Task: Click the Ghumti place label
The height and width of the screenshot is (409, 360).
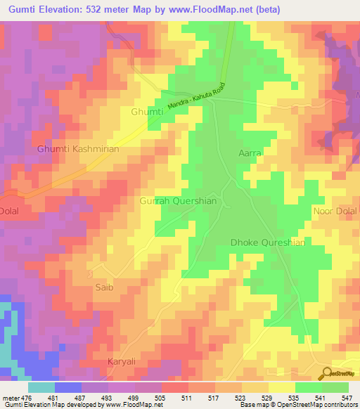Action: (147, 112)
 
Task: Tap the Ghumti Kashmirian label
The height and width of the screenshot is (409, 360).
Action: (79, 150)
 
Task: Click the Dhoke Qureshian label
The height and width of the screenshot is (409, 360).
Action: (268, 242)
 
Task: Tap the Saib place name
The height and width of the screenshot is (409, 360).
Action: (103, 287)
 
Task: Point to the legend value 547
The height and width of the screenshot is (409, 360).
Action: (347, 399)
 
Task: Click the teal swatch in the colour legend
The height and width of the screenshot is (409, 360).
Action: (41, 387)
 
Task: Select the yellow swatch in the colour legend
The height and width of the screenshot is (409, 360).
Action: (282, 387)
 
